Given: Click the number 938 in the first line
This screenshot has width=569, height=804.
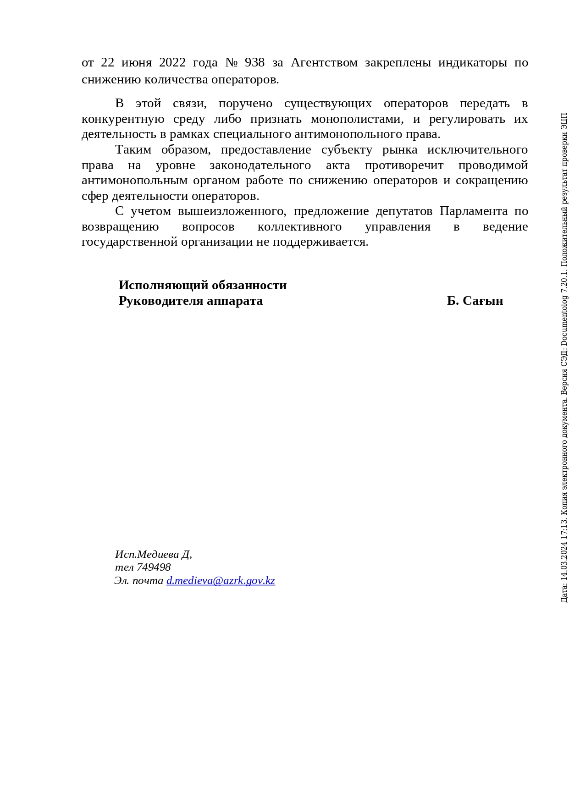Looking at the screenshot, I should (254, 62).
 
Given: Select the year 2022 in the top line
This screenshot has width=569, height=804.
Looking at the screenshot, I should (172, 62).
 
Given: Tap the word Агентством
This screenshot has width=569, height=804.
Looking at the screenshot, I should (324, 62).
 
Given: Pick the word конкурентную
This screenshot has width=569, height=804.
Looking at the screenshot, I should (123, 119).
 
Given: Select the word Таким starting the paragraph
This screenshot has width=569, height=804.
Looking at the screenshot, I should (133, 150).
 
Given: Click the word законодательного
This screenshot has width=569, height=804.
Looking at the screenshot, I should (260, 165).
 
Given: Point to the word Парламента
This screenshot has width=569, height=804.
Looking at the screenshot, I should (474, 211).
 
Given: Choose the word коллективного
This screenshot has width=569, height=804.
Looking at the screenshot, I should (299, 227).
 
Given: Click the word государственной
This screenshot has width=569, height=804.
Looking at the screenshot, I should (129, 242).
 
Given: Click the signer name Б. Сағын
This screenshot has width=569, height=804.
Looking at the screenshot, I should (475, 301).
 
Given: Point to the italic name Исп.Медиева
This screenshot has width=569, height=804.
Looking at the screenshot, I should (147, 554).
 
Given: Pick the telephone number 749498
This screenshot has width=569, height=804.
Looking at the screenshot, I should (154, 567).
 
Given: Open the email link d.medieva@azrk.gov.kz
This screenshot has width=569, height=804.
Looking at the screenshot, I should (221, 581).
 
